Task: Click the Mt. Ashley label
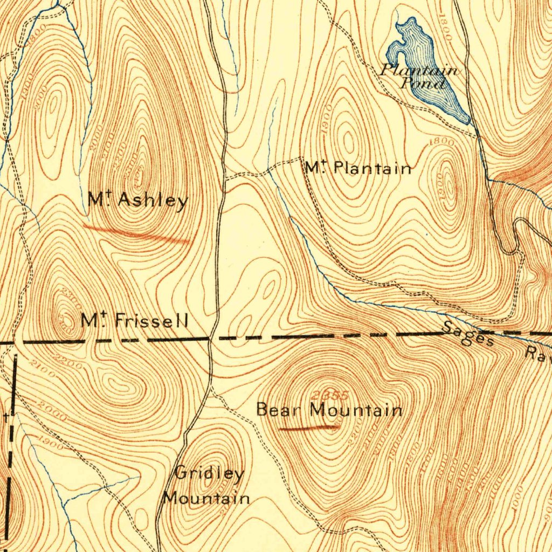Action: (138, 201)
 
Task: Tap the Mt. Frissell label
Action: (134, 321)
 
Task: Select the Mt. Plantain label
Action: (357, 168)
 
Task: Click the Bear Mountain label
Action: (329, 410)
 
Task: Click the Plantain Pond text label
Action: (419, 76)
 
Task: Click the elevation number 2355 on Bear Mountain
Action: (330, 395)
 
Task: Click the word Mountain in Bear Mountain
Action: (357, 410)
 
